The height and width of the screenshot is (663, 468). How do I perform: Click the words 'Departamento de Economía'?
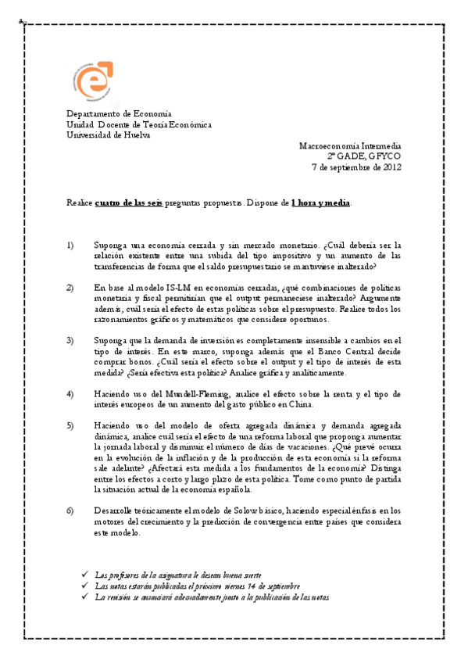pyautogui.click(x=119, y=113)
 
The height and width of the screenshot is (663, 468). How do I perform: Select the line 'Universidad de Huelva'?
pyautogui.click(x=109, y=134)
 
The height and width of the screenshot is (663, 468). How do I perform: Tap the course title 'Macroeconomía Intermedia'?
pyautogui.click(x=351, y=145)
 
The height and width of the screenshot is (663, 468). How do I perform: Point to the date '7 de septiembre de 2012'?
pyautogui.click(x=357, y=167)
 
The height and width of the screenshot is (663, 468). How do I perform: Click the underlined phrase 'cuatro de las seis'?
pyautogui.click(x=129, y=202)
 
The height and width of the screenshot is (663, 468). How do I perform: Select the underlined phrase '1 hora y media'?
pyautogui.click(x=321, y=202)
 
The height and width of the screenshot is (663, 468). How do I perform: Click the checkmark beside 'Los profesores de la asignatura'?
pyautogui.click(x=85, y=574)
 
